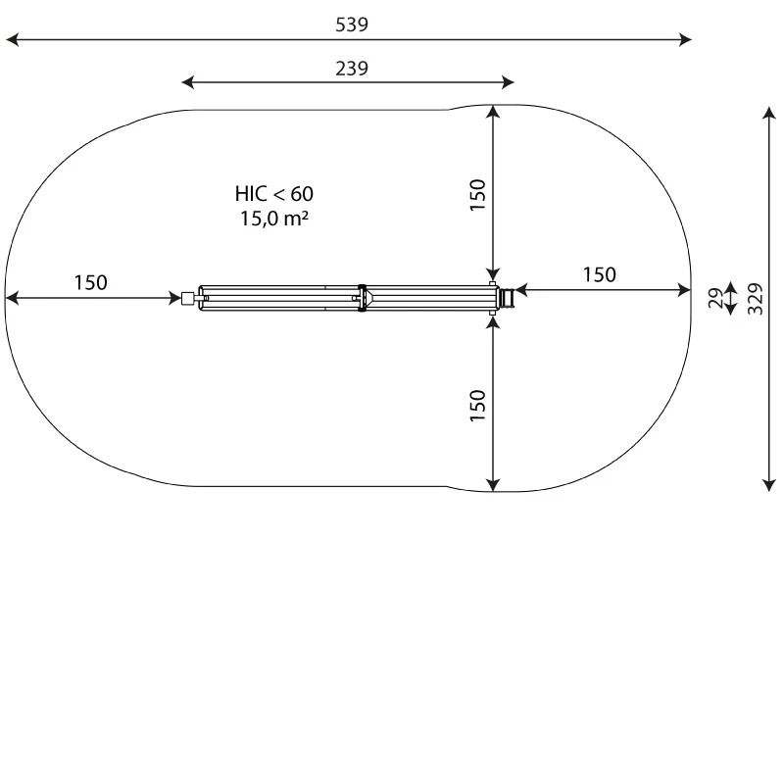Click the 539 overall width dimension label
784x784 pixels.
coord(352,24)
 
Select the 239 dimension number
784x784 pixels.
coord(352,69)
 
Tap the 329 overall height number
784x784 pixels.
coord(756,299)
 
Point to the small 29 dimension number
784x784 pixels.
coord(716,299)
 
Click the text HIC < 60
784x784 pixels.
coord(274,194)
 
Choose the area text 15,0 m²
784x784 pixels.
coord(274,219)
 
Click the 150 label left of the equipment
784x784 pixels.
coord(90,283)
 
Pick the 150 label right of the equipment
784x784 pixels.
coord(600,275)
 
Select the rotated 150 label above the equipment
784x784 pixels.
coord(478,195)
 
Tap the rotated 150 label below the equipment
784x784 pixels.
coord(478,406)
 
